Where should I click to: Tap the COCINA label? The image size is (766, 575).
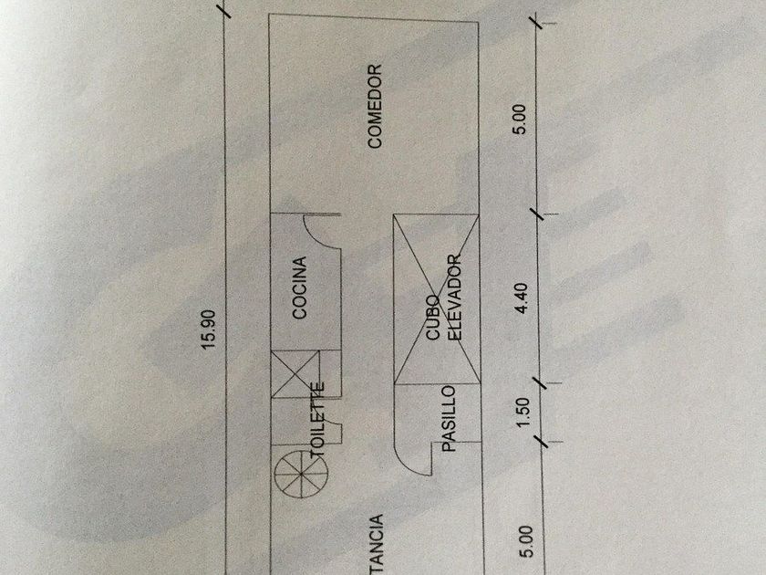click(299, 288)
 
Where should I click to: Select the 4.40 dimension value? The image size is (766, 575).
click(521, 299)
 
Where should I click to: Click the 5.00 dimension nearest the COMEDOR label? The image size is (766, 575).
click(521, 120)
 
